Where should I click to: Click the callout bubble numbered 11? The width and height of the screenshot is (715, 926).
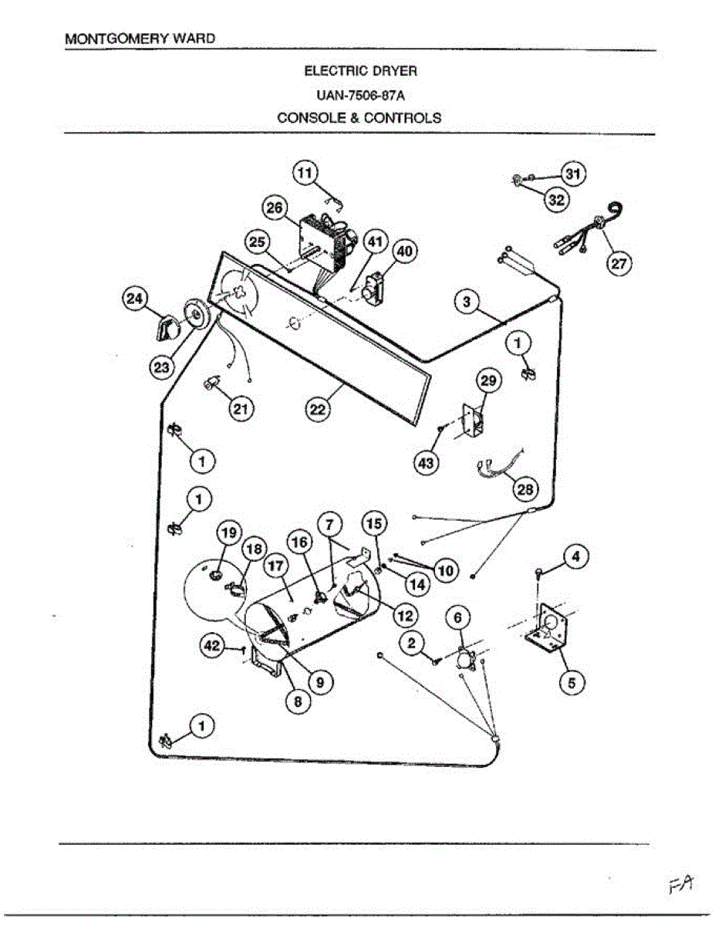(x=305, y=174)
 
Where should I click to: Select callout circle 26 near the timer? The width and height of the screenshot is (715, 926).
(x=275, y=208)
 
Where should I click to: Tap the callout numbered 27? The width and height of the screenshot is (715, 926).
(x=619, y=264)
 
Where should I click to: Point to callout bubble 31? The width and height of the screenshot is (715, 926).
(x=573, y=174)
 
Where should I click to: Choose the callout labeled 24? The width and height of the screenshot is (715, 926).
(x=136, y=299)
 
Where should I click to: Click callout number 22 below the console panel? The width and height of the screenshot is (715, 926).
(x=318, y=410)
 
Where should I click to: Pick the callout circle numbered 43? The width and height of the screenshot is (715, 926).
(x=427, y=463)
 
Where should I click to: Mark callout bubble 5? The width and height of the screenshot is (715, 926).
(x=572, y=683)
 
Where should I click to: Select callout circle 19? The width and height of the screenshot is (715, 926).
(x=229, y=532)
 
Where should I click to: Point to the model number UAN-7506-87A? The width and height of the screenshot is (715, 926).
(x=360, y=96)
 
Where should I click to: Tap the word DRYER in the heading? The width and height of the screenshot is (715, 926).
(x=395, y=71)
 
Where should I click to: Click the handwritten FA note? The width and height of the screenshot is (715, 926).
(x=681, y=884)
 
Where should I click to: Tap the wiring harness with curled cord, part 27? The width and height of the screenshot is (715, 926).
(x=590, y=229)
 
